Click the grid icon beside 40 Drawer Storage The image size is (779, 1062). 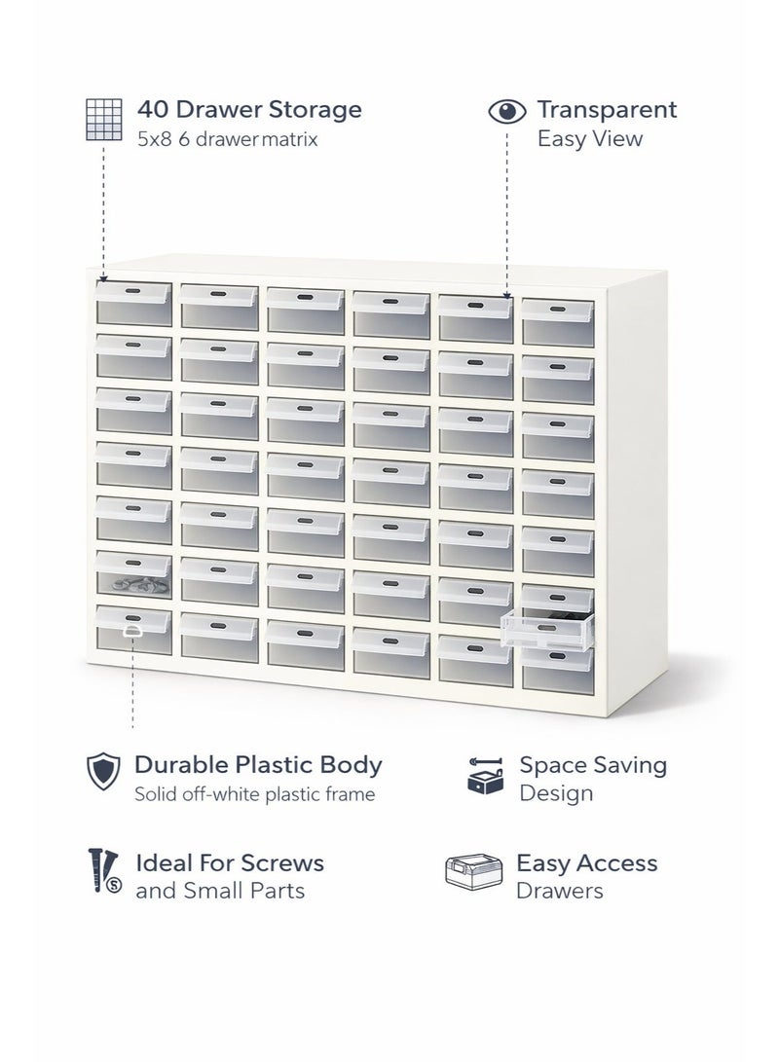coord(103,119)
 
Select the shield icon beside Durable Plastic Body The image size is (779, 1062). coord(103,771)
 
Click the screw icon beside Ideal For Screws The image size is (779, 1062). coord(103,871)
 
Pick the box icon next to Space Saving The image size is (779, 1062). coord(486,776)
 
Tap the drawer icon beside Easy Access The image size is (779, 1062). coord(473,871)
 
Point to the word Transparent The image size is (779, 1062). coord(607,109)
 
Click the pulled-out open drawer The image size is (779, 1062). coord(546,628)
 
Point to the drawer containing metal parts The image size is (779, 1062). coord(133,575)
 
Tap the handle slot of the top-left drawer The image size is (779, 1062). coord(132,289)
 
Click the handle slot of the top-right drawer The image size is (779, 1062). coord(557,309)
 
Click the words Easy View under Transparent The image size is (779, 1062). coord(589,139)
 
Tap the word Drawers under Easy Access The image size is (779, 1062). coord(560,891)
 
